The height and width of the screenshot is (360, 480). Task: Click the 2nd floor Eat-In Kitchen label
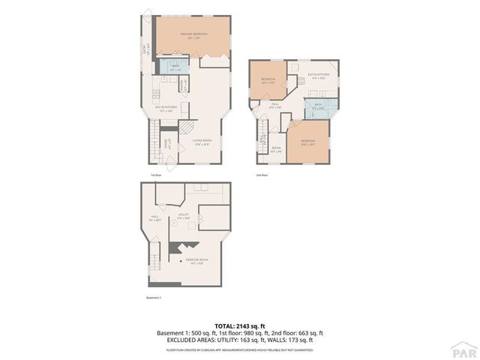[318, 76]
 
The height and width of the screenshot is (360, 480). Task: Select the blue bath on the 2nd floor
[319, 107]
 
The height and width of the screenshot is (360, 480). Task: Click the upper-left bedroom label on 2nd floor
[268, 80]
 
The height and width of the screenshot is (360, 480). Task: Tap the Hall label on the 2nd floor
[275, 106]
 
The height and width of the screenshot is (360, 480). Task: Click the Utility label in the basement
[182, 217]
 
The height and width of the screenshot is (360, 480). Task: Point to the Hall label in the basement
[156, 220]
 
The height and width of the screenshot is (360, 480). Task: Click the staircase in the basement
[155, 262]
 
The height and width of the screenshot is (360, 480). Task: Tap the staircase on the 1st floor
[154, 144]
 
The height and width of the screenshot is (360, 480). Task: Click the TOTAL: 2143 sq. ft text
[239, 325]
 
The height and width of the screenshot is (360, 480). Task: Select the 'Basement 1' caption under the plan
[154, 297]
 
